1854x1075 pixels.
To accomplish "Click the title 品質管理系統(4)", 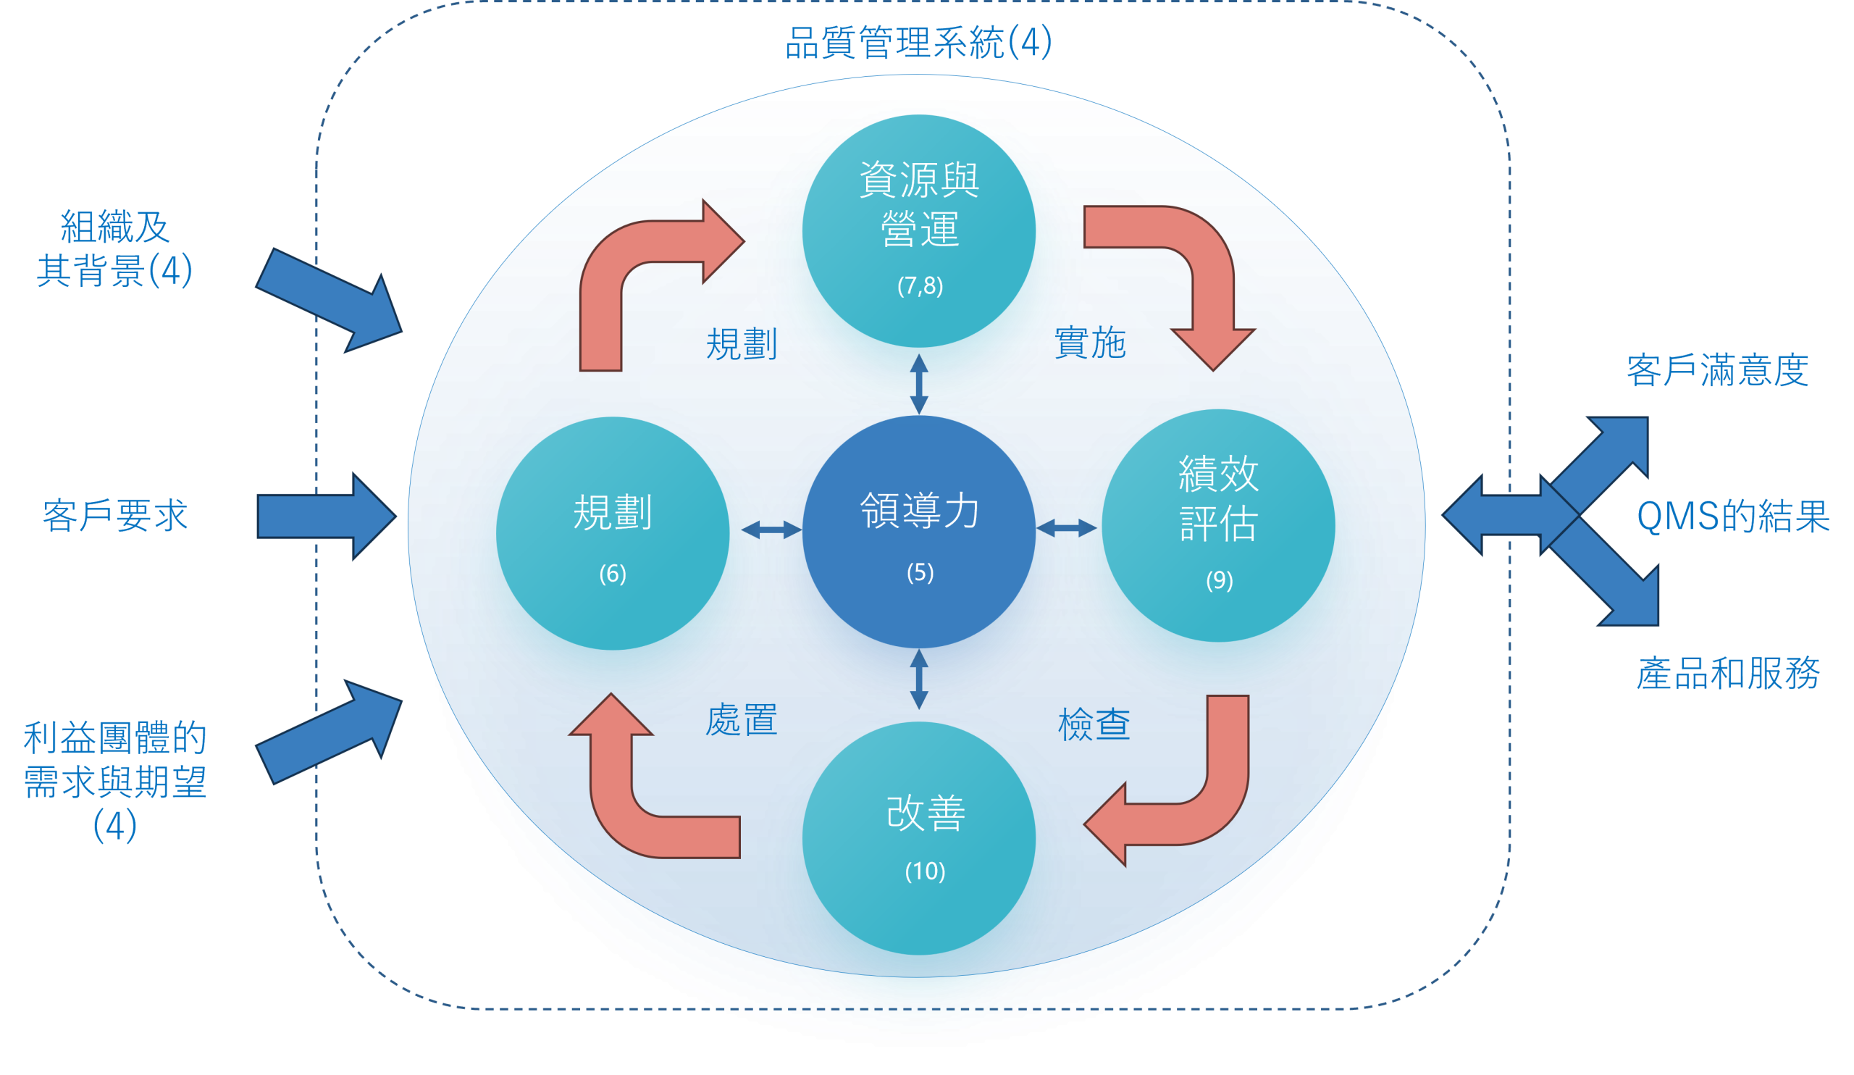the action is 919,42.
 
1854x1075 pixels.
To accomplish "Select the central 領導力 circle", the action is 919,532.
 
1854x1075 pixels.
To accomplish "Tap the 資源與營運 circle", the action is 919,231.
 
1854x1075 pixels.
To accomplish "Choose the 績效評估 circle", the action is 1218,525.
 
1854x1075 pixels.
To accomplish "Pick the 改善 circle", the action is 919,839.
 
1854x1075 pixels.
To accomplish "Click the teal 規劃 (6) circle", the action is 613,533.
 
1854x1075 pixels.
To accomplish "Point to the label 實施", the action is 1091,343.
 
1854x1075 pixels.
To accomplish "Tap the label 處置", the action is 742,719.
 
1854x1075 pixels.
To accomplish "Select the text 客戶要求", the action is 115,515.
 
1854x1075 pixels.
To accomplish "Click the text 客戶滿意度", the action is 1718,370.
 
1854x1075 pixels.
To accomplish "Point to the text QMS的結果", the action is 1733,516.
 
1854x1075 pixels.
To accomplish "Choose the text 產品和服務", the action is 1728,673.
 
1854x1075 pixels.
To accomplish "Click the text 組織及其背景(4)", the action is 114,248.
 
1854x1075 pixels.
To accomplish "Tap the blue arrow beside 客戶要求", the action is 327,516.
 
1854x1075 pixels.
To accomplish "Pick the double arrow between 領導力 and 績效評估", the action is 1067,527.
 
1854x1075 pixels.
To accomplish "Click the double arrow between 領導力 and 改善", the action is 919,679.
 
